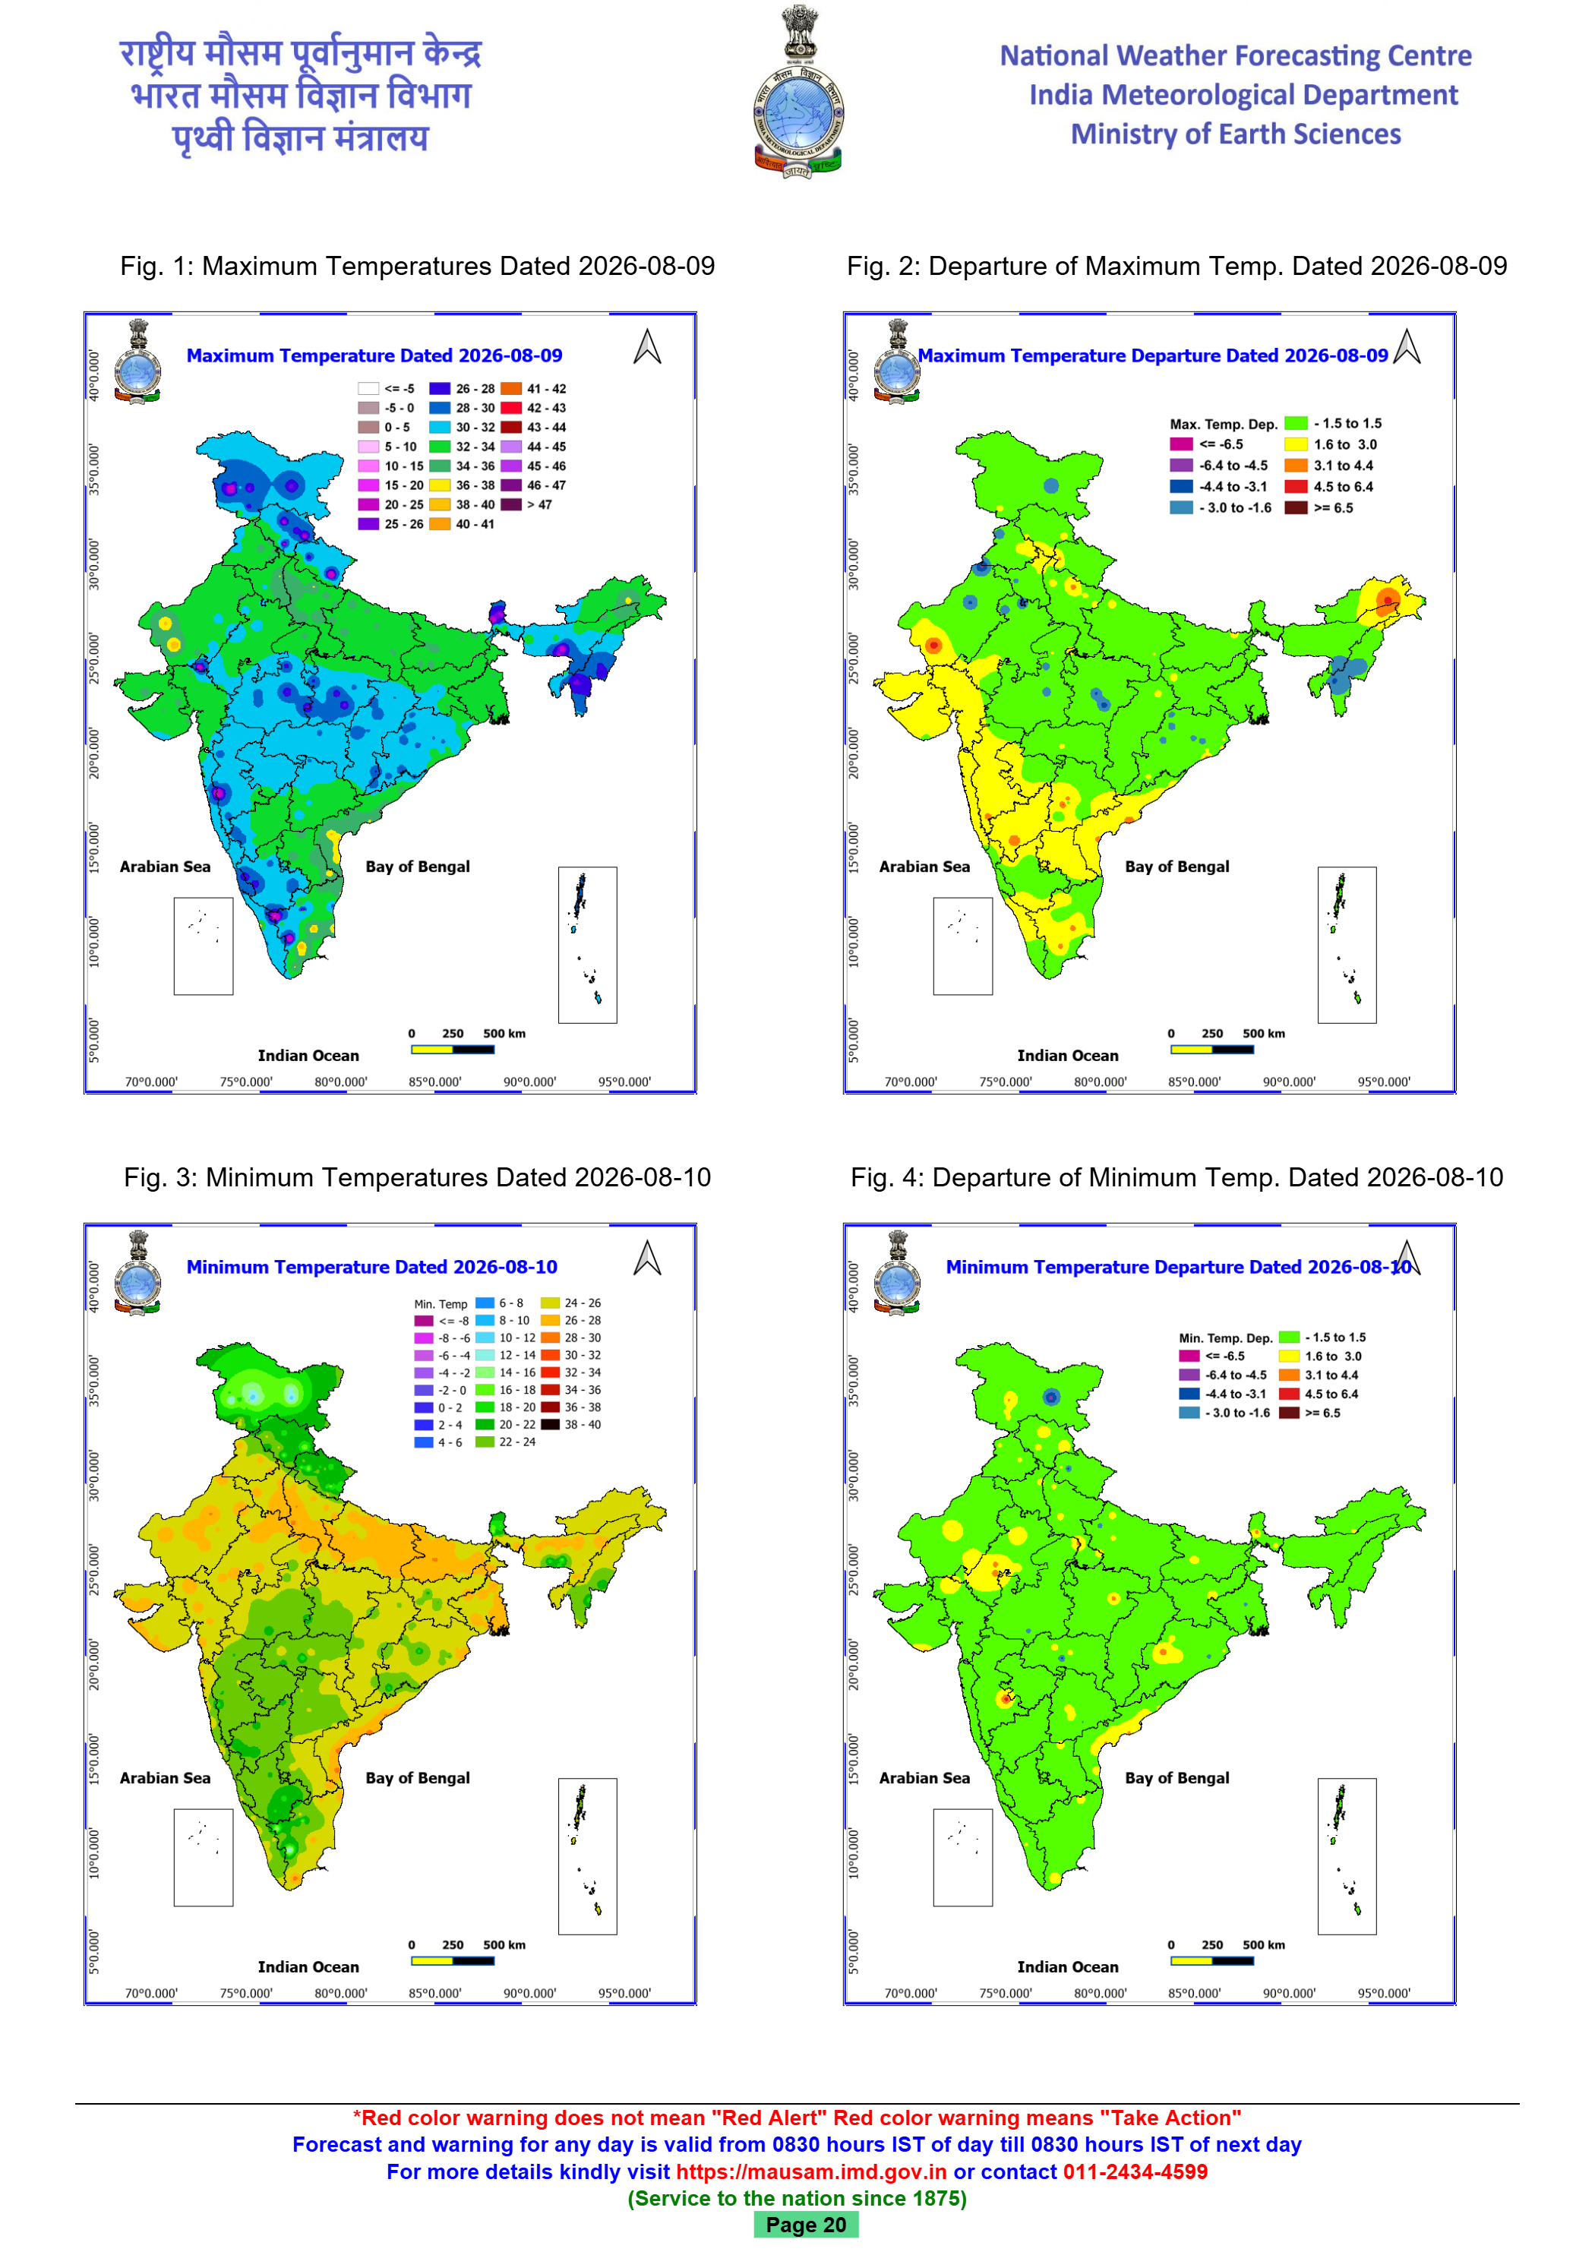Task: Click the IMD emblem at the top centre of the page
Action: tap(797, 91)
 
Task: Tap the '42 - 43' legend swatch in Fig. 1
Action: tap(510, 408)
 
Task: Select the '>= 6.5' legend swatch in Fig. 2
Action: tap(1297, 508)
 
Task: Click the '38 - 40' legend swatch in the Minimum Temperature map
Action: tap(550, 1424)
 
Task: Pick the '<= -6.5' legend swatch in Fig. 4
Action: tap(1189, 1356)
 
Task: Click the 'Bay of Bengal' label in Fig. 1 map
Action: tap(418, 867)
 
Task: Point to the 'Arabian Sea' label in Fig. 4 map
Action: tap(924, 1778)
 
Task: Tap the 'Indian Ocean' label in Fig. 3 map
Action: tap(308, 1966)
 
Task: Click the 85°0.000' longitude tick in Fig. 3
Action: tap(435, 1993)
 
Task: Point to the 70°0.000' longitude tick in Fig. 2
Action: tap(911, 1082)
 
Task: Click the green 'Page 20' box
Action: tap(805, 2225)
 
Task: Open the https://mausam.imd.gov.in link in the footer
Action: tap(811, 2171)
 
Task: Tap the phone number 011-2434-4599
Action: tap(1135, 2171)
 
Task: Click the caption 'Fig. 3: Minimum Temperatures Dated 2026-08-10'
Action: tap(418, 1176)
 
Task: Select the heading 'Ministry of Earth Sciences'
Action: tap(1236, 134)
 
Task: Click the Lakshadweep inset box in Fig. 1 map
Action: tap(204, 946)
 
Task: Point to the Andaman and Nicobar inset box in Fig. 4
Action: tap(1347, 1856)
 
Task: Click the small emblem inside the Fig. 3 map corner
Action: tap(137, 1272)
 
